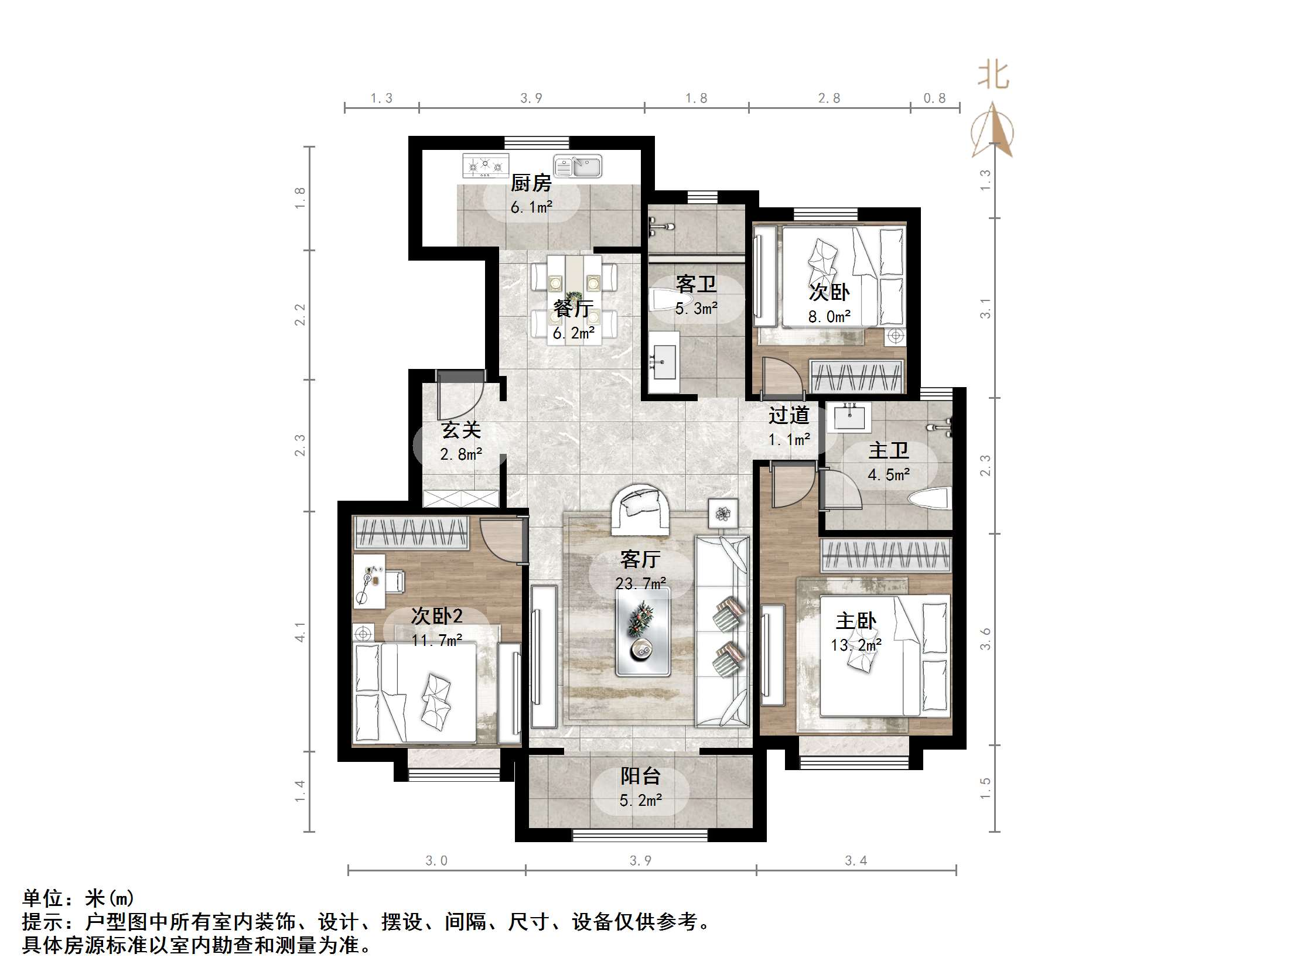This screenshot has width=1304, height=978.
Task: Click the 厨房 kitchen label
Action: click(x=531, y=183)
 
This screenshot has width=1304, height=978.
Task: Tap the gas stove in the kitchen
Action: click(x=485, y=166)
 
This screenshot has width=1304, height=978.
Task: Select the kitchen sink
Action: click(x=578, y=166)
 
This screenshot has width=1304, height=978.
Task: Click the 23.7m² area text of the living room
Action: click(x=641, y=584)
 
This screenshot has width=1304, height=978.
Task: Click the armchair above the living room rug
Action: click(x=640, y=508)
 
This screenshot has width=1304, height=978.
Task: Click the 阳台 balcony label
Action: click(x=640, y=776)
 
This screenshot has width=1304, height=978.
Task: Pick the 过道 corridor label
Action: click(x=788, y=415)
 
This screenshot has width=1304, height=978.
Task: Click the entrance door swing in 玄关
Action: click(x=460, y=396)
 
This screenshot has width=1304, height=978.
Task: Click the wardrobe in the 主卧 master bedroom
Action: click(x=886, y=555)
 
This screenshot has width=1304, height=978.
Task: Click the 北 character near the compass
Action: click(x=994, y=76)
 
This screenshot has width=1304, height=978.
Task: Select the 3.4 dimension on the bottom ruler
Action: click(x=855, y=861)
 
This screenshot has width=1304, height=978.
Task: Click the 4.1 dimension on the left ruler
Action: click(x=301, y=632)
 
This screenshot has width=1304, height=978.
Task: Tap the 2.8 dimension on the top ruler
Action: click(x=829, y=98)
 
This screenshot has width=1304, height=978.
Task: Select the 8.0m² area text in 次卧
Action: click(x=829, y=317)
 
